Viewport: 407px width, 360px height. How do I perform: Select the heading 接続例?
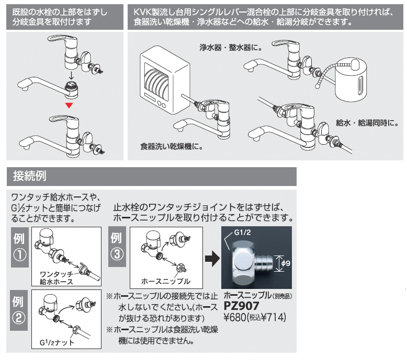pyautogui.click(x=30, y=177)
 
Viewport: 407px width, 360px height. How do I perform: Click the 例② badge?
pyautogui.click(x=19, y=311)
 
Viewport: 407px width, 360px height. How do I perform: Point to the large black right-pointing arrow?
pyautogui.click(x=211, y=258)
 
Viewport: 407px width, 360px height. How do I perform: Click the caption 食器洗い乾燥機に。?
pyautogui.click(x=171, y=147)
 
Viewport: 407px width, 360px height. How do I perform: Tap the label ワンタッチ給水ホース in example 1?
pyautogui.click(x=56, y=277)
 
